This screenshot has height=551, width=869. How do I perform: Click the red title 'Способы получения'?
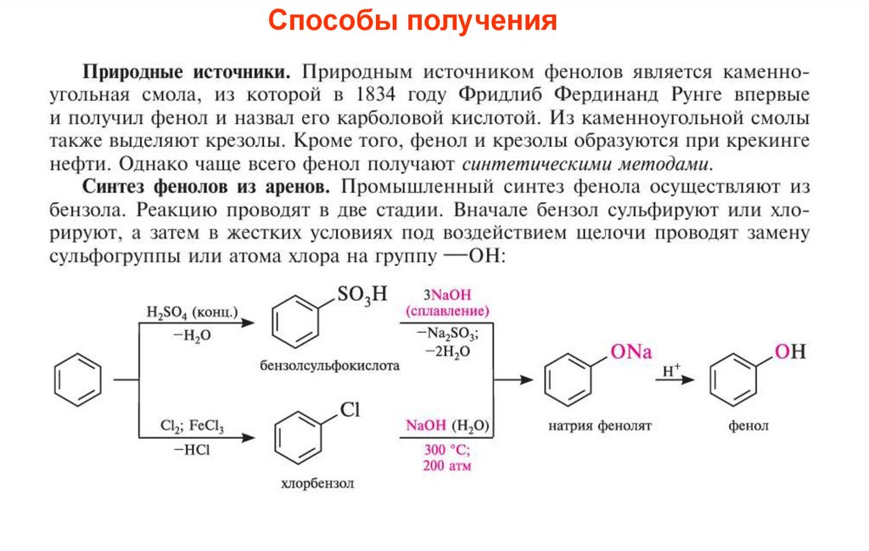[413, 20]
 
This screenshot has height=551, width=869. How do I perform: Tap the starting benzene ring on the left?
[79, 379]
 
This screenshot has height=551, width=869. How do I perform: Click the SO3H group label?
[362, 295]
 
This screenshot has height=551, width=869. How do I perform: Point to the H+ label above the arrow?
[672, 370]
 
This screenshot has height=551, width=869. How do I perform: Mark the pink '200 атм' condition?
[446, 466]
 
